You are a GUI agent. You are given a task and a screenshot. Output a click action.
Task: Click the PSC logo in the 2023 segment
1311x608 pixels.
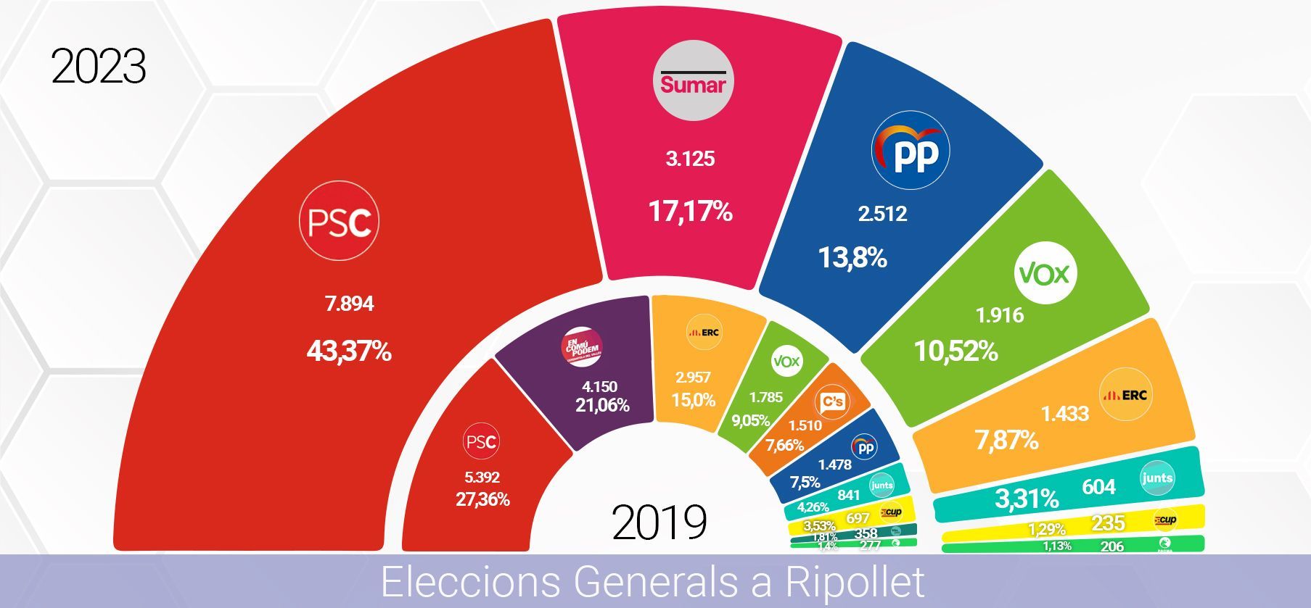(x=339, y=222)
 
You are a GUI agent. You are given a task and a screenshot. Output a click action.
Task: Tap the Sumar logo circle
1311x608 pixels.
(x=693, y=80)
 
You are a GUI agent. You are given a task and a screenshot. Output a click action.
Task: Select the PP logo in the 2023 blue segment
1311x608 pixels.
(x=910, y=151)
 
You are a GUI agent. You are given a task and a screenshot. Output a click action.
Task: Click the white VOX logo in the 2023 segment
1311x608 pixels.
(x=1045, y=273)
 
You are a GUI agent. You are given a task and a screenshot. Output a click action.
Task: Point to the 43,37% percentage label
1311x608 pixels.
(x=349, y=351)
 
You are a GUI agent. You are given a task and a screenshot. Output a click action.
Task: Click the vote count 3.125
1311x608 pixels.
(x=690, y=159)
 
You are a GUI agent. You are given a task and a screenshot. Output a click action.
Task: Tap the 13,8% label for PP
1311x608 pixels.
(x=852, y=257)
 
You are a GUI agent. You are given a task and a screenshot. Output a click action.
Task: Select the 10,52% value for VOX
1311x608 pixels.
(x=955, y=351)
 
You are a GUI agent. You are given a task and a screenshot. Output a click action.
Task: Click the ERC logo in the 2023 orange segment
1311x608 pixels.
(x=1125, y=395)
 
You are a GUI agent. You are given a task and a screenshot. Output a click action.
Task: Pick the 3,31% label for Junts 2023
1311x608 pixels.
(x=1027, y=499)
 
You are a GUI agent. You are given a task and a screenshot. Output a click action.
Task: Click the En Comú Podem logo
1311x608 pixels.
(x=583, y=347)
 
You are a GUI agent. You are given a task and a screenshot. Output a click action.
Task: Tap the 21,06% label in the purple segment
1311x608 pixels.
(x=602, y=405)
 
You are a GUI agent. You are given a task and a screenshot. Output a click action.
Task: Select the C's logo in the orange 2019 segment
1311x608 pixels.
(x=832, y=401)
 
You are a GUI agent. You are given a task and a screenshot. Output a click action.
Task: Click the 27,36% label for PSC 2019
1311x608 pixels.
(x=482, y=499)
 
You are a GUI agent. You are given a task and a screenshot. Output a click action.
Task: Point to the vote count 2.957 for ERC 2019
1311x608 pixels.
(x=693, y=377)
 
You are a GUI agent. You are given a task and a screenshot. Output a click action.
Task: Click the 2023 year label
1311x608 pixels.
(x=99, y=67)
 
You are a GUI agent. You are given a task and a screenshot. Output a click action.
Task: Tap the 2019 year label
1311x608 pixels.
(x=659, y=522)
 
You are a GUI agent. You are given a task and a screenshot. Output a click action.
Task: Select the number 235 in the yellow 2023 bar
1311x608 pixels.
(x=1108, y=523)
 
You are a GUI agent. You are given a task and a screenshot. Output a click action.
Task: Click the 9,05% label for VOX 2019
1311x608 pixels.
(x=750, y=420)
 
